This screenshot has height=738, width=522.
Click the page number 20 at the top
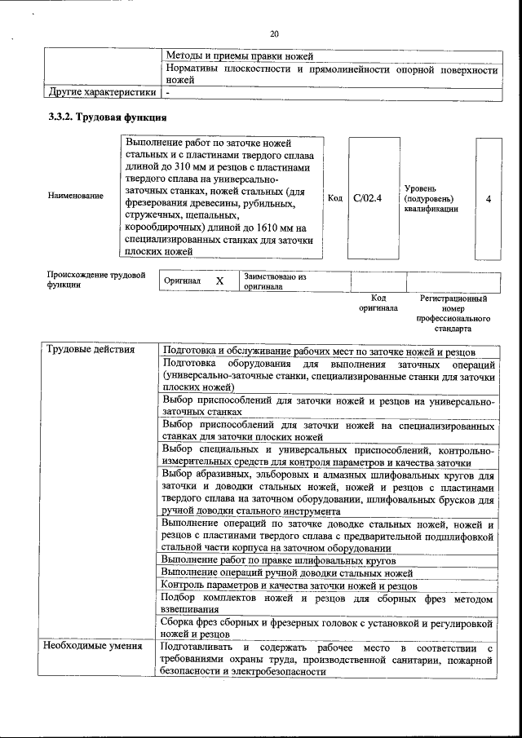(274, 33)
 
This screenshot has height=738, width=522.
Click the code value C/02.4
(368, 197)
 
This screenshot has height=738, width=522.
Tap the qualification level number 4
(488, 197)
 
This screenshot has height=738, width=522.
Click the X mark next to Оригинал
(219, 281)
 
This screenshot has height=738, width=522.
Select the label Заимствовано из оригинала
(274, 281)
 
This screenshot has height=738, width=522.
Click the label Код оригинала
(378, 303)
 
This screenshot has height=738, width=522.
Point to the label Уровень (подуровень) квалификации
(430, 198)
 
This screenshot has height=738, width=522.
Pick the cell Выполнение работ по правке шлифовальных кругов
(277, 560)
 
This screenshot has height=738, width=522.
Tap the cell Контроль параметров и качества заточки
(289, 586)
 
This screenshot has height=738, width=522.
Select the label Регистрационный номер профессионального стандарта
(453, 314)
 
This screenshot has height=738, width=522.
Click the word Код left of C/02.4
(334, 197)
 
